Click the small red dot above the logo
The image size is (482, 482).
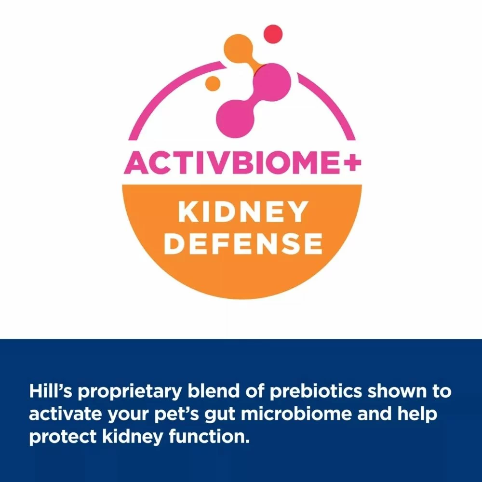[273, 34]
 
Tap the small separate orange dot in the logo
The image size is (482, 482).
[213, 83]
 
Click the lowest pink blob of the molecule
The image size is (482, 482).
[233, 119]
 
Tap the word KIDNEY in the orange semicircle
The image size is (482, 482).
[242, 212]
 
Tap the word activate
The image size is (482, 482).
[66, 414]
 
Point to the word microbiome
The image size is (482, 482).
[296, 414]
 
